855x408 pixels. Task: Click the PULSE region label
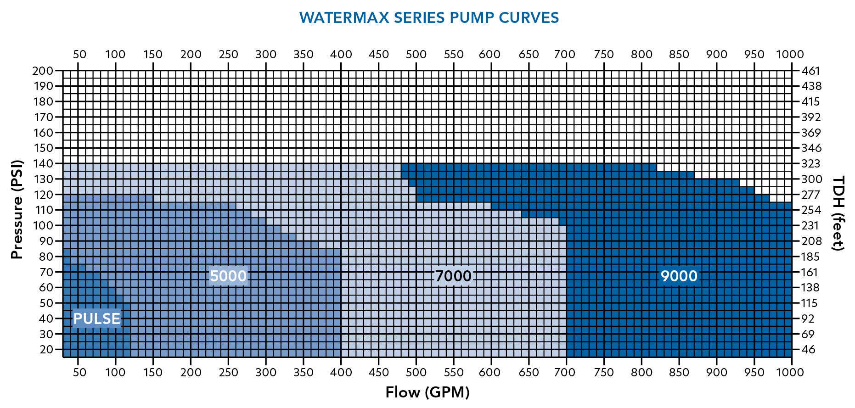(x=96, y=319)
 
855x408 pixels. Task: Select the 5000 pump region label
(x=228, y=276)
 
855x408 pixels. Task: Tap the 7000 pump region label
(x=453, y=276)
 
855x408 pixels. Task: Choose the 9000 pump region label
(x=679, y=276)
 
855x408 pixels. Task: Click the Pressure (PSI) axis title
(x=17, y=209)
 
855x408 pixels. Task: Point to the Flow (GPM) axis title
(x=427, y=392)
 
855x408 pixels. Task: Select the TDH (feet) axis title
(x=838, y=213)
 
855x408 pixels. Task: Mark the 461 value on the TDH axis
(x=810, y=71)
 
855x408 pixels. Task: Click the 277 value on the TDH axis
(x=810, y=195)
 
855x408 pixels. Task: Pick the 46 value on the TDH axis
(x=808, y=349)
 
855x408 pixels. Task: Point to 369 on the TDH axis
(x=810, y=133)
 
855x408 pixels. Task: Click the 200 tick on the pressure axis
(x=43, y=71)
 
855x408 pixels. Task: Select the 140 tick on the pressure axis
(x=43, y=163)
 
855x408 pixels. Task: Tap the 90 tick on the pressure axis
(x=46, y=241)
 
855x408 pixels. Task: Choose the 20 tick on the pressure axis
(x=46, y=349)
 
